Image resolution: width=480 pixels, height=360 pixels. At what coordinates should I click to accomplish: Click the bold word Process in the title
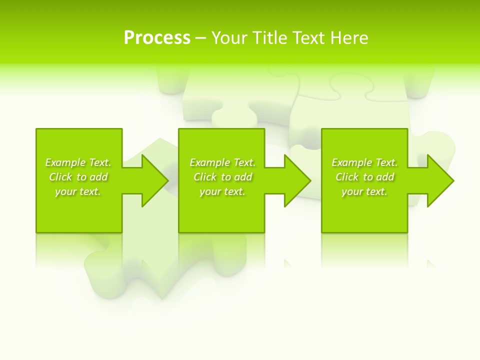click(157, 38)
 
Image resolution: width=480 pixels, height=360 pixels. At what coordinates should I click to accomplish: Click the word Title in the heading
click(270, 38)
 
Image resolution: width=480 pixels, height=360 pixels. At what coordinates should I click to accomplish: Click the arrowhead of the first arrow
click(155, 180)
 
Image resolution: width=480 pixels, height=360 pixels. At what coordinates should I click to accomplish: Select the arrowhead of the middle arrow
click(297, 180)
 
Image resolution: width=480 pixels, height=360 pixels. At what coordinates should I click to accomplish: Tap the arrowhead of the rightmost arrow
click(440, 180)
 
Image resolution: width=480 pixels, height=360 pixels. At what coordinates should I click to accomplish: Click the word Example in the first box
click(65, 162)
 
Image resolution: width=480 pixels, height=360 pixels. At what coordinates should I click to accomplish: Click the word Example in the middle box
click(210, 162)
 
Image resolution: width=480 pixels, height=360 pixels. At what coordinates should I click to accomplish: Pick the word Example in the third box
click(352, 162)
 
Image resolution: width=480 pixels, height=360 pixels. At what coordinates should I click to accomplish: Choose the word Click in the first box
click(60, 177)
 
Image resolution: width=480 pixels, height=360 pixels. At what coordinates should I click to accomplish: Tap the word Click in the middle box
click(205, 177)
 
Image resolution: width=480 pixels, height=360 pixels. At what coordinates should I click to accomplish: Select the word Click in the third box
click(347, 177)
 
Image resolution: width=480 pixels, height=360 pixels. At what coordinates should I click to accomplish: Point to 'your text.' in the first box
click(78, 191)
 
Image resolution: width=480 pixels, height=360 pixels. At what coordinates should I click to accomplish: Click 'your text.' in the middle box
click(222, 191)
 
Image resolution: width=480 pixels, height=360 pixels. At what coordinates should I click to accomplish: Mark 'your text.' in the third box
click(364, 191)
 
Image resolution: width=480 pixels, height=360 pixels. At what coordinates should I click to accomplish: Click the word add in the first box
click(99, 177)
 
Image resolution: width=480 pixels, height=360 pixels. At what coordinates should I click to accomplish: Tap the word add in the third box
click(385, 177)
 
